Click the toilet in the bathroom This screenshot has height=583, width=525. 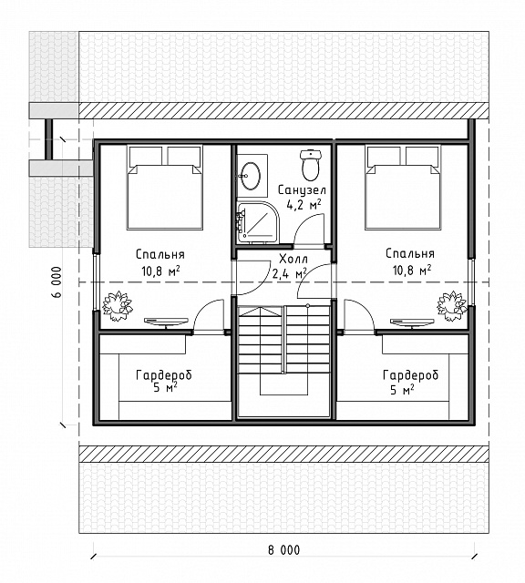(x=310, y=165)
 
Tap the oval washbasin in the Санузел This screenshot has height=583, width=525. (x=250, y=176)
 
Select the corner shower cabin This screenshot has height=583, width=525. (x=258, y=222)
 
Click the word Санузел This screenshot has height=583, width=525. (x=302, y=190)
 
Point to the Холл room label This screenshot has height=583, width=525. (x=293, y=258)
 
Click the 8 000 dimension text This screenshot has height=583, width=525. (x=283, y=550)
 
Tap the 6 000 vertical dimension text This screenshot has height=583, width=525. (x=57, y=281)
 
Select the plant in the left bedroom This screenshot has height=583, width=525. (x=117, y=306)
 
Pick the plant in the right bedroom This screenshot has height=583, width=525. (x=452, y=306)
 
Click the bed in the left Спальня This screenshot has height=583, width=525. (x=165, y=188)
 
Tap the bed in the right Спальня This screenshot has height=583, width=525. (x=403, y=188)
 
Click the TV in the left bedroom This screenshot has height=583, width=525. (x=166, y=322)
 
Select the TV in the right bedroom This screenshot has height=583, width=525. (x=412, y=322)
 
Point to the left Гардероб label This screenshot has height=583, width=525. (x=164, y=375)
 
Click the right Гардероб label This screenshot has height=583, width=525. (x=410, y=375)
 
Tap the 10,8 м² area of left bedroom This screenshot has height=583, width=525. (x=160, y=271)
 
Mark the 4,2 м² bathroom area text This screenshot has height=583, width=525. (x=304, y=204)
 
